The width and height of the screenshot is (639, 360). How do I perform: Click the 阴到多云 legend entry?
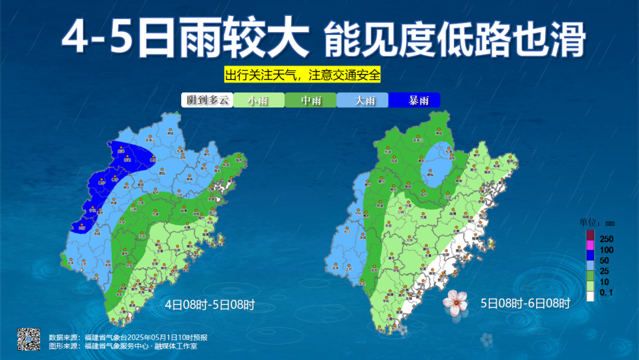point(206,100)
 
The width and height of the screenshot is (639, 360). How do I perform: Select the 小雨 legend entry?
point(259,100)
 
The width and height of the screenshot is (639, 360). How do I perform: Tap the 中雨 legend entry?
point(311,100)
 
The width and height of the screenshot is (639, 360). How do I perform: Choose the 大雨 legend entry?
point(363,100)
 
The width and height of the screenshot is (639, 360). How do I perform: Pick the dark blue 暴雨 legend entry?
point(415,100)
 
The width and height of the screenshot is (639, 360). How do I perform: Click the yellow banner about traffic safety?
point(302,76)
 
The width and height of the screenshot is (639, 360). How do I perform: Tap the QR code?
point(28,339)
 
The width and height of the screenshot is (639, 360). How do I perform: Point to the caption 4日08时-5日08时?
point(209,306)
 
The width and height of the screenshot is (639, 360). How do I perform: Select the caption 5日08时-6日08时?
point(525,304)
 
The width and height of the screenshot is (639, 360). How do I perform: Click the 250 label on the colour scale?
point(606,239)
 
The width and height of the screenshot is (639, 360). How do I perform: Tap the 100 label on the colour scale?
point(606,249)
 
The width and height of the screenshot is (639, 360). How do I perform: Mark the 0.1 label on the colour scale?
point(606,292)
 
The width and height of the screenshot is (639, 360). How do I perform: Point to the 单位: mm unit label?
point(597,223)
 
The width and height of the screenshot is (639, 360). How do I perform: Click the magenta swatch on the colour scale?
point(590,245)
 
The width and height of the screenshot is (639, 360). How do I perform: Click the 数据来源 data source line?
point(128,337)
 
